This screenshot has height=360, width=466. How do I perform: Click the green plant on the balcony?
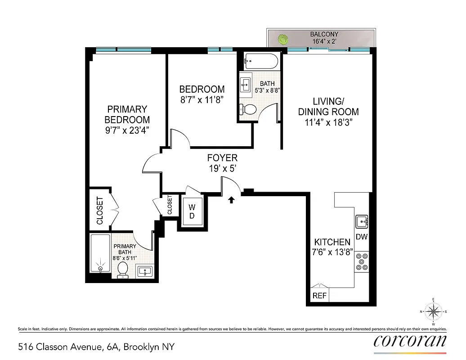click(x=282, y=39)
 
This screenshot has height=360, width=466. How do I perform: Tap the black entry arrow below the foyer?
click(x=232, y=199)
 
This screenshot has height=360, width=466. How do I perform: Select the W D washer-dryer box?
click(x=192, y=211)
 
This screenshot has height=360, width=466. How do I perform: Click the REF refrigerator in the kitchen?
click(x=320, y=296)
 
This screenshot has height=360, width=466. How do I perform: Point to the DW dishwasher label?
click(x=361, y=237)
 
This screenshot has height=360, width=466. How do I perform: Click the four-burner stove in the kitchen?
click(x=361, y=261)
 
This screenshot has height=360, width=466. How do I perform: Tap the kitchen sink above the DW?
click(x=362, y=222)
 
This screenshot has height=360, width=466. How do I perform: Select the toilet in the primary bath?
click(x=122, y=269)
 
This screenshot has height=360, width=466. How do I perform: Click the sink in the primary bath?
click(x=144, y=271)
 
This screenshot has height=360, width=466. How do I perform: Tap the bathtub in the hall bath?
click(x=261, y=62)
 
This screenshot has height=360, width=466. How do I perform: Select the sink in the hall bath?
click(x=246, y=84)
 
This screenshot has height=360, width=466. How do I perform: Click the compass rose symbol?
click(x=433, y=311)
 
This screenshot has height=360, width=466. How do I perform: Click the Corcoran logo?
click(x=410, y=340)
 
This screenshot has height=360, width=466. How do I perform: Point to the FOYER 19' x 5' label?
click(x=222, y=163)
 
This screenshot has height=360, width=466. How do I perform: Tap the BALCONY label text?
click(x=324, y=34)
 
